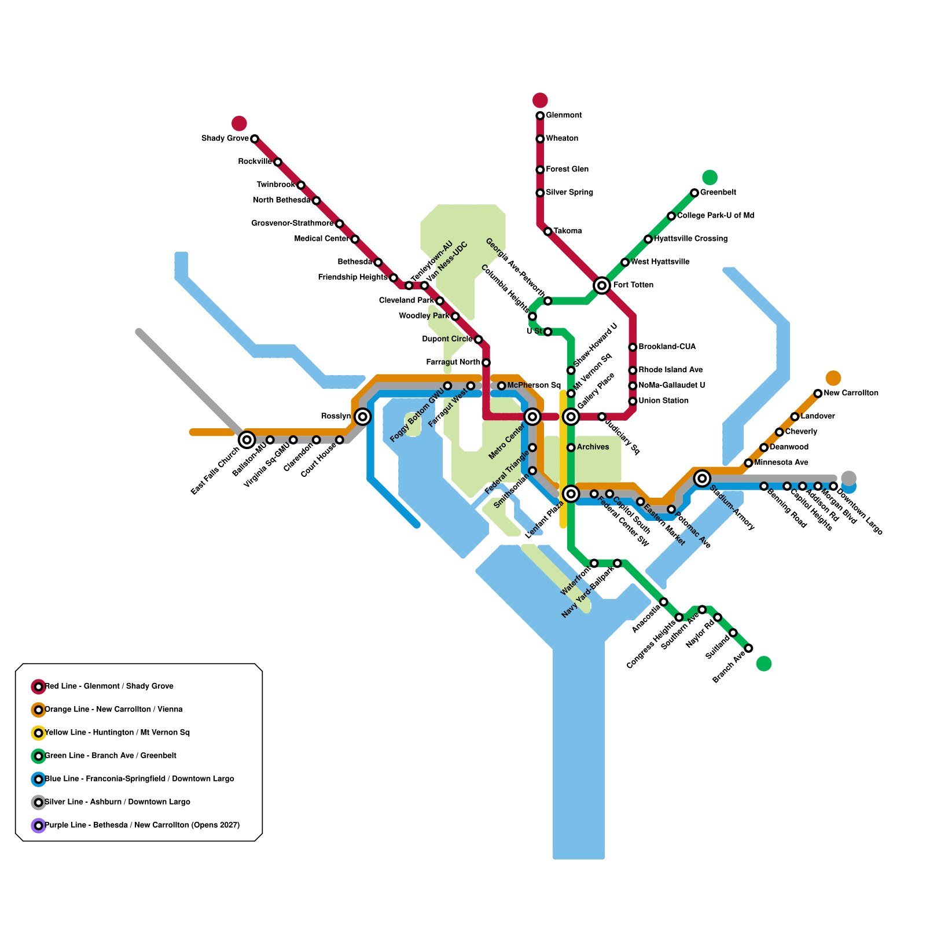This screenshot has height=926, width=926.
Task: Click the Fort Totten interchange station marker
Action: click(602, 285)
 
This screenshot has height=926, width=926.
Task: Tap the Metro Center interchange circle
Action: click(532, 417)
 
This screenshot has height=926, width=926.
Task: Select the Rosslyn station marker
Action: click(363, 416)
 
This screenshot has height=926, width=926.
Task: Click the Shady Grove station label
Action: click(225, 138)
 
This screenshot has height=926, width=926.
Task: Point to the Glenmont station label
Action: click(564, 115)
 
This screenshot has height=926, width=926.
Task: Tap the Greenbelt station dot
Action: click(694, 193)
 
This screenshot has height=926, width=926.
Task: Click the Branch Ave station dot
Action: click(748, 648)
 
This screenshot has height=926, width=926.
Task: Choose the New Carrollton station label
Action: click(851, 393)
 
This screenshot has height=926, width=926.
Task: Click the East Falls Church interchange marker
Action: click(247, 440)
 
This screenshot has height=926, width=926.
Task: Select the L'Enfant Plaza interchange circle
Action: click(571, 494)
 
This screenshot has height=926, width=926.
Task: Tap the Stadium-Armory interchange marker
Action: click(702, 478)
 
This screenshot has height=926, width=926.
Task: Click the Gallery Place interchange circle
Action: click(571, 417)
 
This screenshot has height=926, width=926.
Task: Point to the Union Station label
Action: click(663, 400)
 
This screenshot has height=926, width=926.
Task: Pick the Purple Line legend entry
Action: click(142, 825)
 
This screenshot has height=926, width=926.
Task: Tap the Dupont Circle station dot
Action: click(478, 339)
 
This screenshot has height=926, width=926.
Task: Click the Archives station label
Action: click(593, 447)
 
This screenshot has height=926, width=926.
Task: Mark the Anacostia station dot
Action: click(664, 602)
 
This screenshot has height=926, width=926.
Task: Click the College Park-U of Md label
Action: click(715, 215)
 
